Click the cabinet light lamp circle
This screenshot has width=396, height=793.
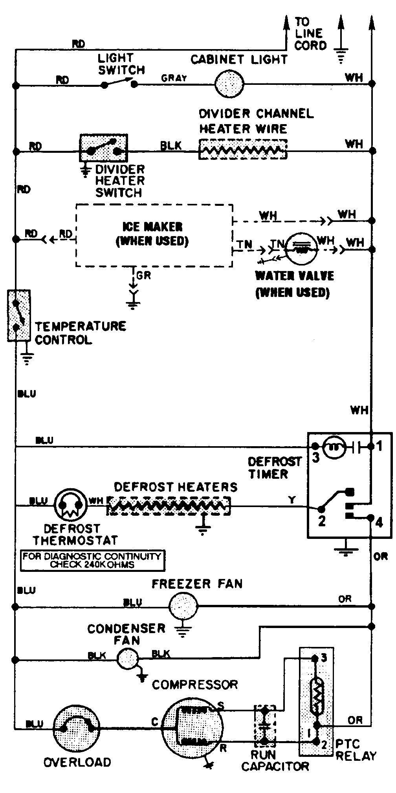pyautogui.click(x=229, y=84)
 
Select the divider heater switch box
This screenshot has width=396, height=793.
pyautogui.click(x=104, y=148)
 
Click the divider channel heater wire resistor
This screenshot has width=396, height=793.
pyautogui.click(x=243, y=150)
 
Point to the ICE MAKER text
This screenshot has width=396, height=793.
pyautogui.click(x=152, y=227)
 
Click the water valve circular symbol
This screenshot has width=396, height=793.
pyautogui.click(x=301, y=249)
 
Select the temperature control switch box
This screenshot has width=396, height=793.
pyautogui.click(x=18, y=315)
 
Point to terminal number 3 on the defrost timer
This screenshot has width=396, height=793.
pyautogui.click(x=315, y=458)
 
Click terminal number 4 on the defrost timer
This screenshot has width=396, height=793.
pyautogui.click(x=379, y=522)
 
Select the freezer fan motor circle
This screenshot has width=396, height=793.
pyautogui.click(x=183, y=606)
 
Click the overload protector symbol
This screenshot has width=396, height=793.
pyautogui.click(x=76, y=728)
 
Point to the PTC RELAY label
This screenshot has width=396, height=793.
pyautogui.click(x=356, y=749)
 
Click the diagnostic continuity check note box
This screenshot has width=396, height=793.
pyautogui.click(x=93, y=560)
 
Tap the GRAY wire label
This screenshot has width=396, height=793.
pyautogui.click(x=174, y=78)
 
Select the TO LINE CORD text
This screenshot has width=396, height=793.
pyautogui.click(x=310, y=33)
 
